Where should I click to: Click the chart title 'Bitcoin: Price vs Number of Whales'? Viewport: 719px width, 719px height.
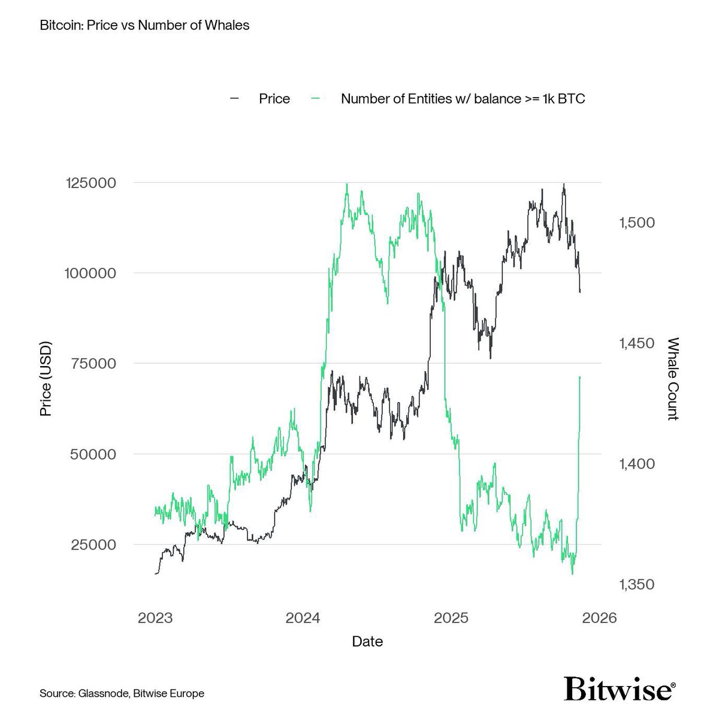pos(144,26)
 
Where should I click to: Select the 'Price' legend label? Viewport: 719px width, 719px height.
pos(274,99)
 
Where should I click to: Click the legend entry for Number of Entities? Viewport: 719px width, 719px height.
pos(463,99)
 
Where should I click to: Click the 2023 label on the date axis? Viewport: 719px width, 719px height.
pos(155,618)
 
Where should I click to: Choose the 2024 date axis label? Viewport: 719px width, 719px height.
pos(303,618)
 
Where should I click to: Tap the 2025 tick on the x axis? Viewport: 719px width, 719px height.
pos(451,618)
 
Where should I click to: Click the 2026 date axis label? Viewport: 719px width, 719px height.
pos(599,618)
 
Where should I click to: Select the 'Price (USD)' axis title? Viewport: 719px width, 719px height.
pos(46,379)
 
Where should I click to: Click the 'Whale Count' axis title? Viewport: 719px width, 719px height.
pos(672,379)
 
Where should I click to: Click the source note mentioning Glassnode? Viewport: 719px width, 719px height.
pos(122,693)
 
